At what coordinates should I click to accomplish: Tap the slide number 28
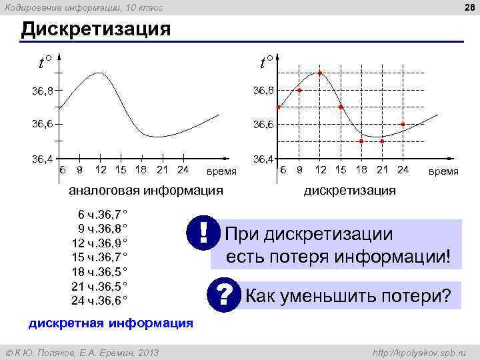click(x=468, y=7)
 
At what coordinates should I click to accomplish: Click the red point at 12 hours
click(x=320, y=73)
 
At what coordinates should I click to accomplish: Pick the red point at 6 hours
click(x=279, y=107)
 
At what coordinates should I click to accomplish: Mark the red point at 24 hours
click(x=403, y=124)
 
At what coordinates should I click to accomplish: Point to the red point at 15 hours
click(x=341, y=107)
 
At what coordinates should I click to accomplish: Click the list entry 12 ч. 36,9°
click(x=99, y=241)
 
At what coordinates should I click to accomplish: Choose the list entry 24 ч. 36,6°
click(x=99, y=300)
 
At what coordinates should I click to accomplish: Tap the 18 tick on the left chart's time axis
click(x=141, y=169)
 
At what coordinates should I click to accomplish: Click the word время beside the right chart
click(x=443, y=171)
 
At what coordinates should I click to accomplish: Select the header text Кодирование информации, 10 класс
click(x=83, y=7)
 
